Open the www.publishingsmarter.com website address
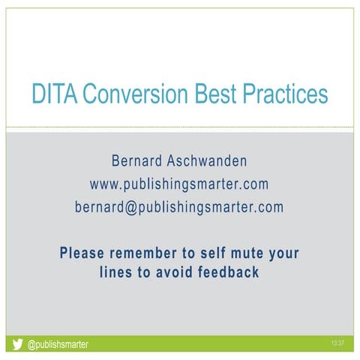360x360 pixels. (x=179, y=184)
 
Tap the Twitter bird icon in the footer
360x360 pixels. (x=17, y=345)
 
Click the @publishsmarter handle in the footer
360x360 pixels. (x=58, y=345)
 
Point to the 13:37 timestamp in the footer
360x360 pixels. (x=337, y=343)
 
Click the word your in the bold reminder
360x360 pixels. (x=282, y=253)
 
